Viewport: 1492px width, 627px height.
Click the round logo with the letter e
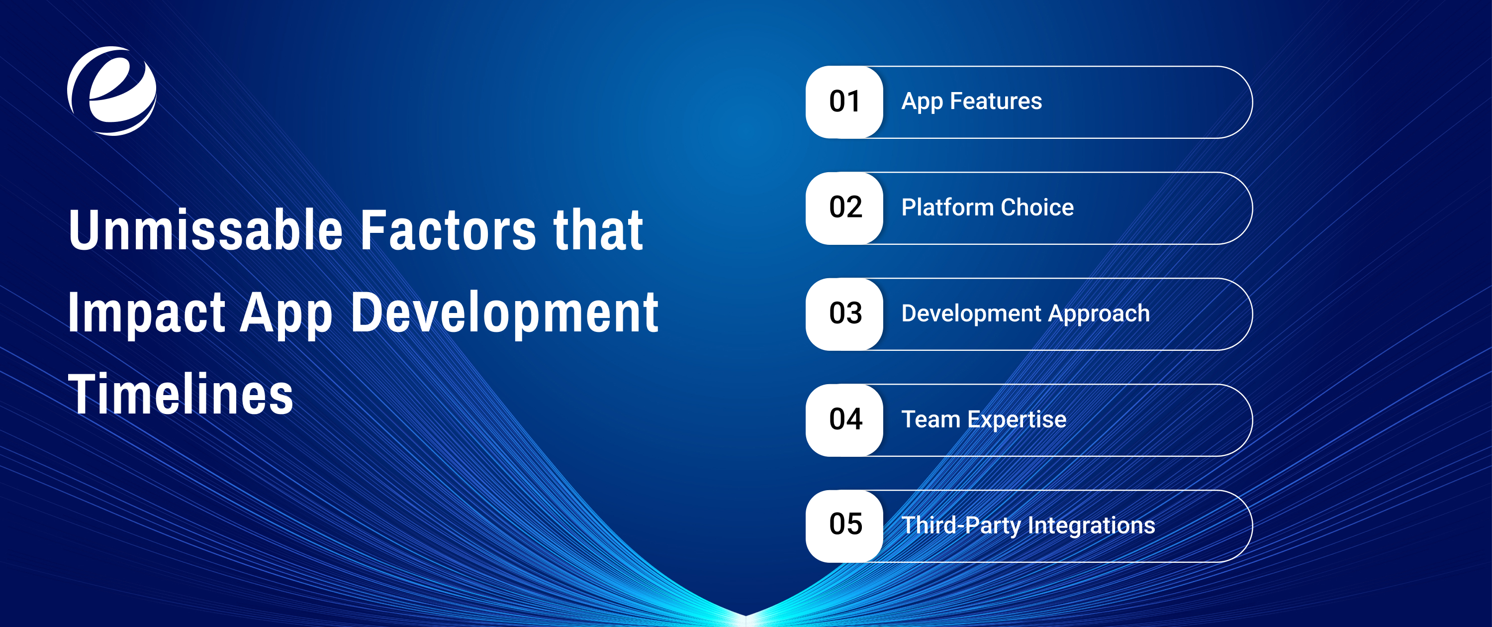[x=112, y=91]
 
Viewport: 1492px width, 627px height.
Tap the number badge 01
[x=844, y=102]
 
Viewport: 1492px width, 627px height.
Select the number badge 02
[x=844, y=208]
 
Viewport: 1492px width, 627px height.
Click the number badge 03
[x=844, y=314]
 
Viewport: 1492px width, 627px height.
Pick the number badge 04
[x=844, y=420]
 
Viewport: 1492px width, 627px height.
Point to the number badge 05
[x=844, y=525]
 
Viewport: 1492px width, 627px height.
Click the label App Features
[x=971, y=102]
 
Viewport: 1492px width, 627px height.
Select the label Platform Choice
[x=987, y=208]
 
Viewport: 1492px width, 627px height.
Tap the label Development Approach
[x=1025, y=314]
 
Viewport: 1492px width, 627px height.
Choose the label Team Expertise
[x=983, y=419]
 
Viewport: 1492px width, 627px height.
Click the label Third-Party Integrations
[x=1028, y=525]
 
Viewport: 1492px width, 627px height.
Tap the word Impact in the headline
[x=146, y=313]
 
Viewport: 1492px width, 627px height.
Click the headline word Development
[x=504, y=313]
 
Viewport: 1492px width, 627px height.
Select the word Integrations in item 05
[x=1091, y=526]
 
